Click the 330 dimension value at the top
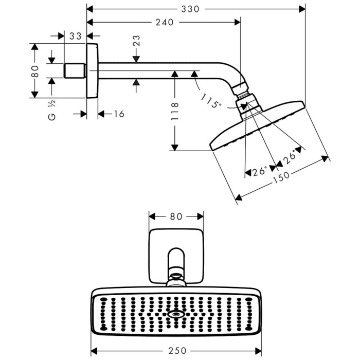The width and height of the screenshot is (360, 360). [190, 9]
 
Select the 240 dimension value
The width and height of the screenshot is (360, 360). [164, 22]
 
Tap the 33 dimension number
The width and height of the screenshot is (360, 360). [75, 36]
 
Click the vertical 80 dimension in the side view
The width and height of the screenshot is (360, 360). [35, 70]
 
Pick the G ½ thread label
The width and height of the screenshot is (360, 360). [51, 111]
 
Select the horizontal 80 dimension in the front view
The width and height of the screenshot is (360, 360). [176, 217]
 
